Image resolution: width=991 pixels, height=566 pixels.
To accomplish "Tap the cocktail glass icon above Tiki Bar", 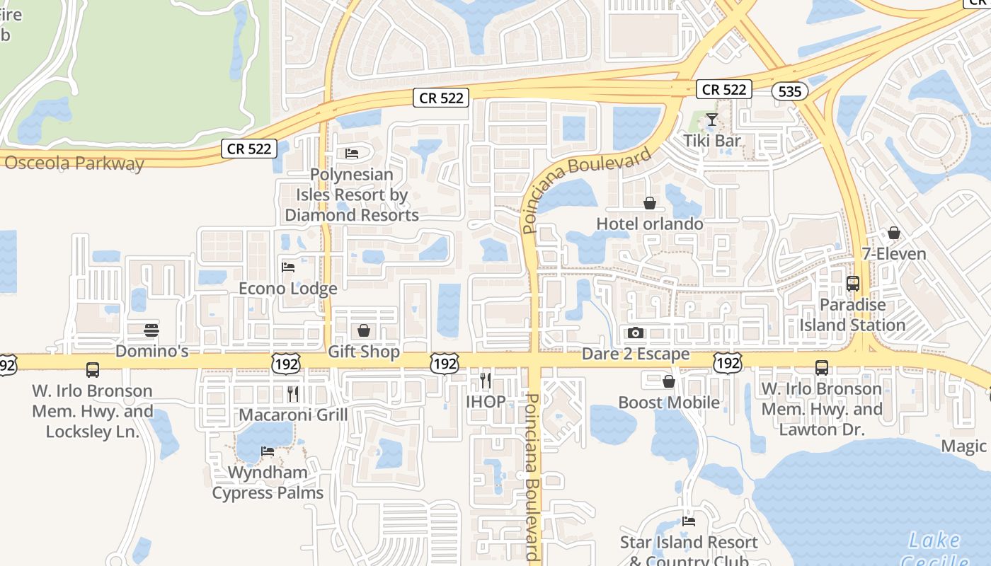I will (x=712, y=120).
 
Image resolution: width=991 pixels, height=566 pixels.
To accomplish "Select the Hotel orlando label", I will (x=650, y=224).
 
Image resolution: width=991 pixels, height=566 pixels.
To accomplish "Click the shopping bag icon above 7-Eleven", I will (x=894, y=233).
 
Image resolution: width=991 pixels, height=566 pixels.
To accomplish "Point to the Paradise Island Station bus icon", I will (x=853, y=284).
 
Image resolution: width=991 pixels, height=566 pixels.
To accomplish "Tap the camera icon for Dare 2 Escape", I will (x=636, y=333).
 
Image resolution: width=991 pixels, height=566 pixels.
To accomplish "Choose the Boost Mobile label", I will (x=669, y=403).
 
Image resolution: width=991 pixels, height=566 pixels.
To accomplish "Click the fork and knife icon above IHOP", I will (x=486, y=381).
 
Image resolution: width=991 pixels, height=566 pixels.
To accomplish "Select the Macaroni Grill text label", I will (x=293, y=415).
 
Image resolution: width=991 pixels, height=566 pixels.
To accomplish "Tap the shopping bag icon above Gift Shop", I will (x=364, y=330).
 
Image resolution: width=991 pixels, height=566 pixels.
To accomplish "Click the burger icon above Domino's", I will (x=151, y=330).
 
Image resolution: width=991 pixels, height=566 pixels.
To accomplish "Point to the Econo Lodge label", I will (x=287, y=289).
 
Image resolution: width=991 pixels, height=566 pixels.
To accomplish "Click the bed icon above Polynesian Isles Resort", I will (x=352, y=154).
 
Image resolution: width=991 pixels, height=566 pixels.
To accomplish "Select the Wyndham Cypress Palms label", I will (x=268, y=483).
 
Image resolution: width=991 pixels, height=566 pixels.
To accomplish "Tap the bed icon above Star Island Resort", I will (x=689, y=521).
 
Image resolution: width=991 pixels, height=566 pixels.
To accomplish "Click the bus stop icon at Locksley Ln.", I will (x=93, y=369).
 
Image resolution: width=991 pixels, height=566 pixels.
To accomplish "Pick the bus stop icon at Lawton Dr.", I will (x=821, y=368).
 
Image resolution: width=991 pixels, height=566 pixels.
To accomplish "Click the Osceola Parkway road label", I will (x=74, y=163).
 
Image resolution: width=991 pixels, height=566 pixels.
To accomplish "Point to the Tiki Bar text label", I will (x=712, y=141).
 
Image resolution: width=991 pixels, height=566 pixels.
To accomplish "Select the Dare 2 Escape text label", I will (x=636, y=354).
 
